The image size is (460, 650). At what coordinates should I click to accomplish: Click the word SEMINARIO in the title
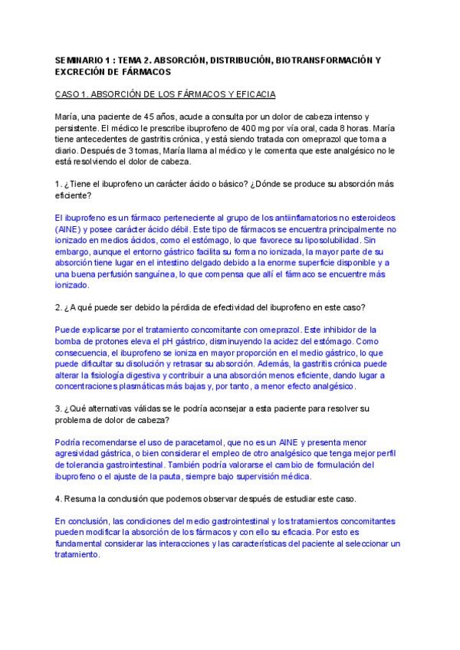(x=79, y=59)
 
